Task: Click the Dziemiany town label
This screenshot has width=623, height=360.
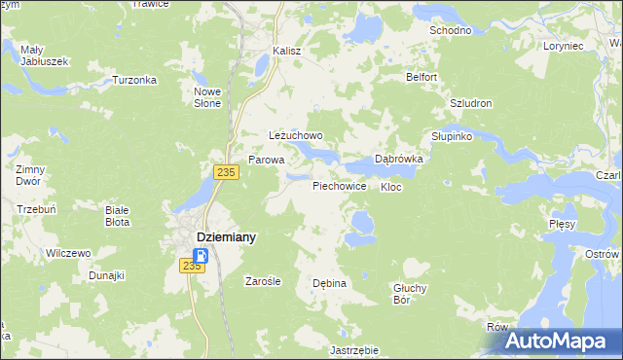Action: (x=227, y=236)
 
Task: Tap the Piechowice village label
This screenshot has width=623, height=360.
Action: (x=339, y=185)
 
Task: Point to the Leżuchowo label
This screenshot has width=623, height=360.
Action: (x=295, y=136)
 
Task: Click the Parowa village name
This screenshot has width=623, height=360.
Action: (x=266, y=160)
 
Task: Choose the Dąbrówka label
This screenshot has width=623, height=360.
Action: (x=399, y=160)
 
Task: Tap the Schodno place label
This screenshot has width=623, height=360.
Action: (x=451, y=30)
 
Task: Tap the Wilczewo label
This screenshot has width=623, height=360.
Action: (x=68, y=253)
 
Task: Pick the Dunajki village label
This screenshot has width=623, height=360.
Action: (x=106, y=275)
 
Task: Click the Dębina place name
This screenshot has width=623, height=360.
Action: (x=329, y=283)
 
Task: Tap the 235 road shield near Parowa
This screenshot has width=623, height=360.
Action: (x=226, y=172)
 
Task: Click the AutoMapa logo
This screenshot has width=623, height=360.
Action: (x=560, y=342)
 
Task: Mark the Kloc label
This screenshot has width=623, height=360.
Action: (x=391, y=186)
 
